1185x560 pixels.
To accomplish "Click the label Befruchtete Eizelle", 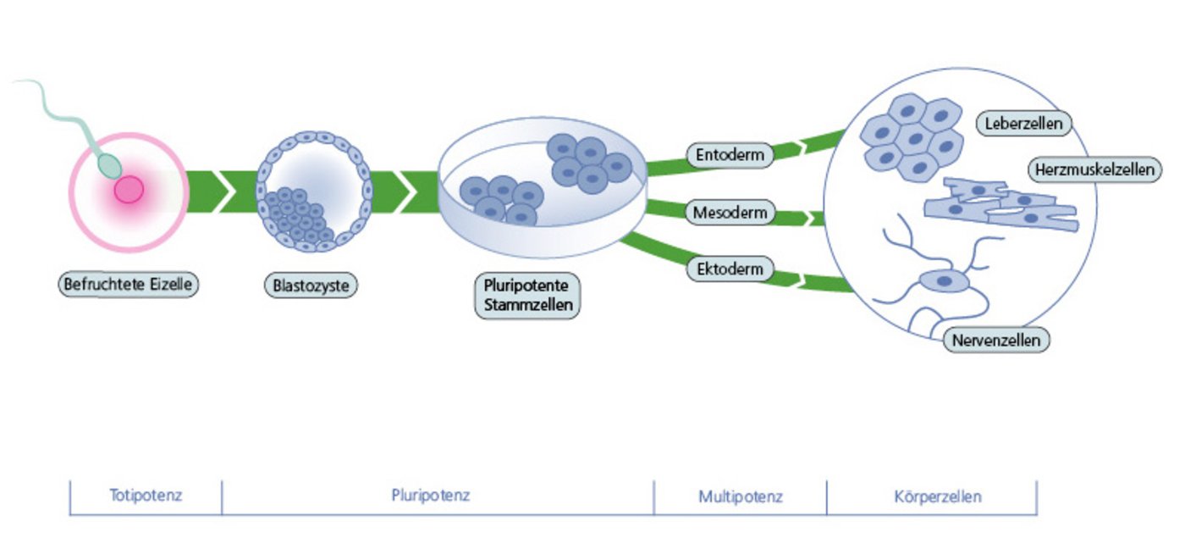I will pyautogui.click(x=130, y=284).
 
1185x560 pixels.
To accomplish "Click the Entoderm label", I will pyautogui.click(x=730, y=155).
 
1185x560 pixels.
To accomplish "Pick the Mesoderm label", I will pyautogui.click(x=730, y=212).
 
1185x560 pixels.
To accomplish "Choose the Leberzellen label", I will pyautogui.click(x=1024, y=124).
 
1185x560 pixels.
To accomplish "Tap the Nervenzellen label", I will pyautogui.click(x=996, y=341).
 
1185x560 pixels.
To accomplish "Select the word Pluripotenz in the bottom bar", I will pyautogui.click(x=431, y=496).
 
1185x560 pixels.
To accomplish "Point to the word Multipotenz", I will pyautogui.click(x=741, y=496).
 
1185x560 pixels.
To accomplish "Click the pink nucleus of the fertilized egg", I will pyautogui.click(x=129, y=190).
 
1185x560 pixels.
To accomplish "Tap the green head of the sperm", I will pyautogui.click(x=107, y=164).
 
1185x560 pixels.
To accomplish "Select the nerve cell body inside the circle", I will pyautogui.click(x=942, y=281).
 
